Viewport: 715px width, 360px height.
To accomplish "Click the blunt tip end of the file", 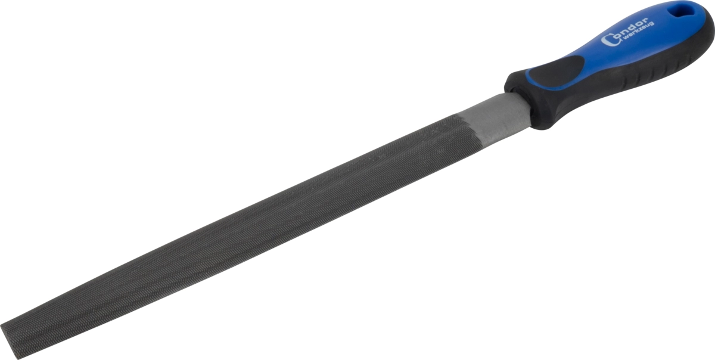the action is click(10, 341).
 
